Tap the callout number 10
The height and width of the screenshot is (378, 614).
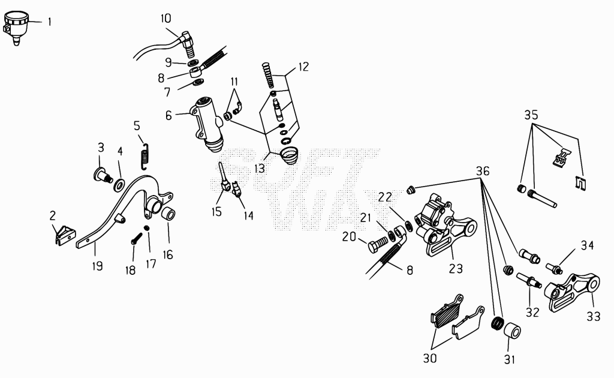[165, 19]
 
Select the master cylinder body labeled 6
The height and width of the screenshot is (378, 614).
[207, 124]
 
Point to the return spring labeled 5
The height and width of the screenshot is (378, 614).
[145, 156]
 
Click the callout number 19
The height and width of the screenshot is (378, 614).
[98, 266]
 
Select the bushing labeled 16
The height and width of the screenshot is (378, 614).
[168, 215]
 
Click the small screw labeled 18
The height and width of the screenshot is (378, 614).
[137, 238]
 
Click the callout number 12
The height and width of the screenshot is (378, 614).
[303, 67]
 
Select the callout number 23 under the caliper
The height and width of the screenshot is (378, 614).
[456, 269]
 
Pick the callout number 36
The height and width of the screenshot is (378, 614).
[483, 171]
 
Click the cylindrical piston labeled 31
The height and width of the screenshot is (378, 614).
[512, 331]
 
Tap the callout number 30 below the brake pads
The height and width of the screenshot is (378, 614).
[429, 358]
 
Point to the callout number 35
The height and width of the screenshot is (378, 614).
[531, 115]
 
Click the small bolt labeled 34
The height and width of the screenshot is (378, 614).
[554, 268]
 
